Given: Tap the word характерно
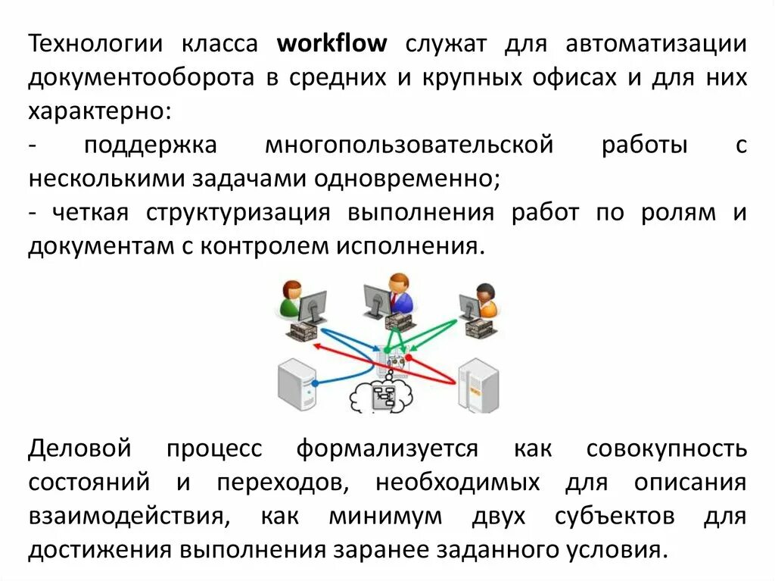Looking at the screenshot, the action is point(99,112).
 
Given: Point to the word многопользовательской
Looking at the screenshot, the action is point(409,145).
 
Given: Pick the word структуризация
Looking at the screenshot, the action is point(238,212).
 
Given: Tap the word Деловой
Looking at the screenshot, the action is point(80,448).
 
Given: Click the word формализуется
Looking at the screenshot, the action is point(387,448).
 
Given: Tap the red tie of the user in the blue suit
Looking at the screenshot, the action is point(394,301).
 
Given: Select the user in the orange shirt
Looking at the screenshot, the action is point(485,300).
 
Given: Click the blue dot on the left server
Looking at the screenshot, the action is point(314,383).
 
